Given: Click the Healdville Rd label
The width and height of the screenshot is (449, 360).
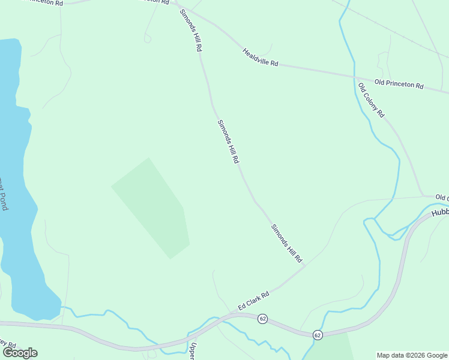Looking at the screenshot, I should point(261,58).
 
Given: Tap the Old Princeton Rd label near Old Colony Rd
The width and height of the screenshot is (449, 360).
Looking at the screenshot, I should point(399,84).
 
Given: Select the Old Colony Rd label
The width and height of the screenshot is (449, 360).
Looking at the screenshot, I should point(371,100).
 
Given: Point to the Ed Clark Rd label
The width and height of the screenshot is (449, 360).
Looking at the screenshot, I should point(253,300).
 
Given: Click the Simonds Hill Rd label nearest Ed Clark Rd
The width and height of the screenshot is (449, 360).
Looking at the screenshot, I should point(286,244).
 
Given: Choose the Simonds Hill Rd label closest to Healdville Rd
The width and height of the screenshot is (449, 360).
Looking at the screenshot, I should point(190,30).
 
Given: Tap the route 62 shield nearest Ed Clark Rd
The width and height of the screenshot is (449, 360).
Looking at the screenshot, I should point(262,319).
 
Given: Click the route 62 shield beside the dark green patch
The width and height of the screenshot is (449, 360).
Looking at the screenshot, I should point(318,334).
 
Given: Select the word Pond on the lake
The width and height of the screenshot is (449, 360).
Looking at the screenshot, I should point(4,201).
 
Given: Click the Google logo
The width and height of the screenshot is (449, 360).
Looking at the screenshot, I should point(20,353).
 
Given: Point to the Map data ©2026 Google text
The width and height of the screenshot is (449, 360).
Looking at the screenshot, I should point(412,355).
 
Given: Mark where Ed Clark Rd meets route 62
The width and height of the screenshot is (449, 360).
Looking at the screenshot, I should point(234,313).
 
